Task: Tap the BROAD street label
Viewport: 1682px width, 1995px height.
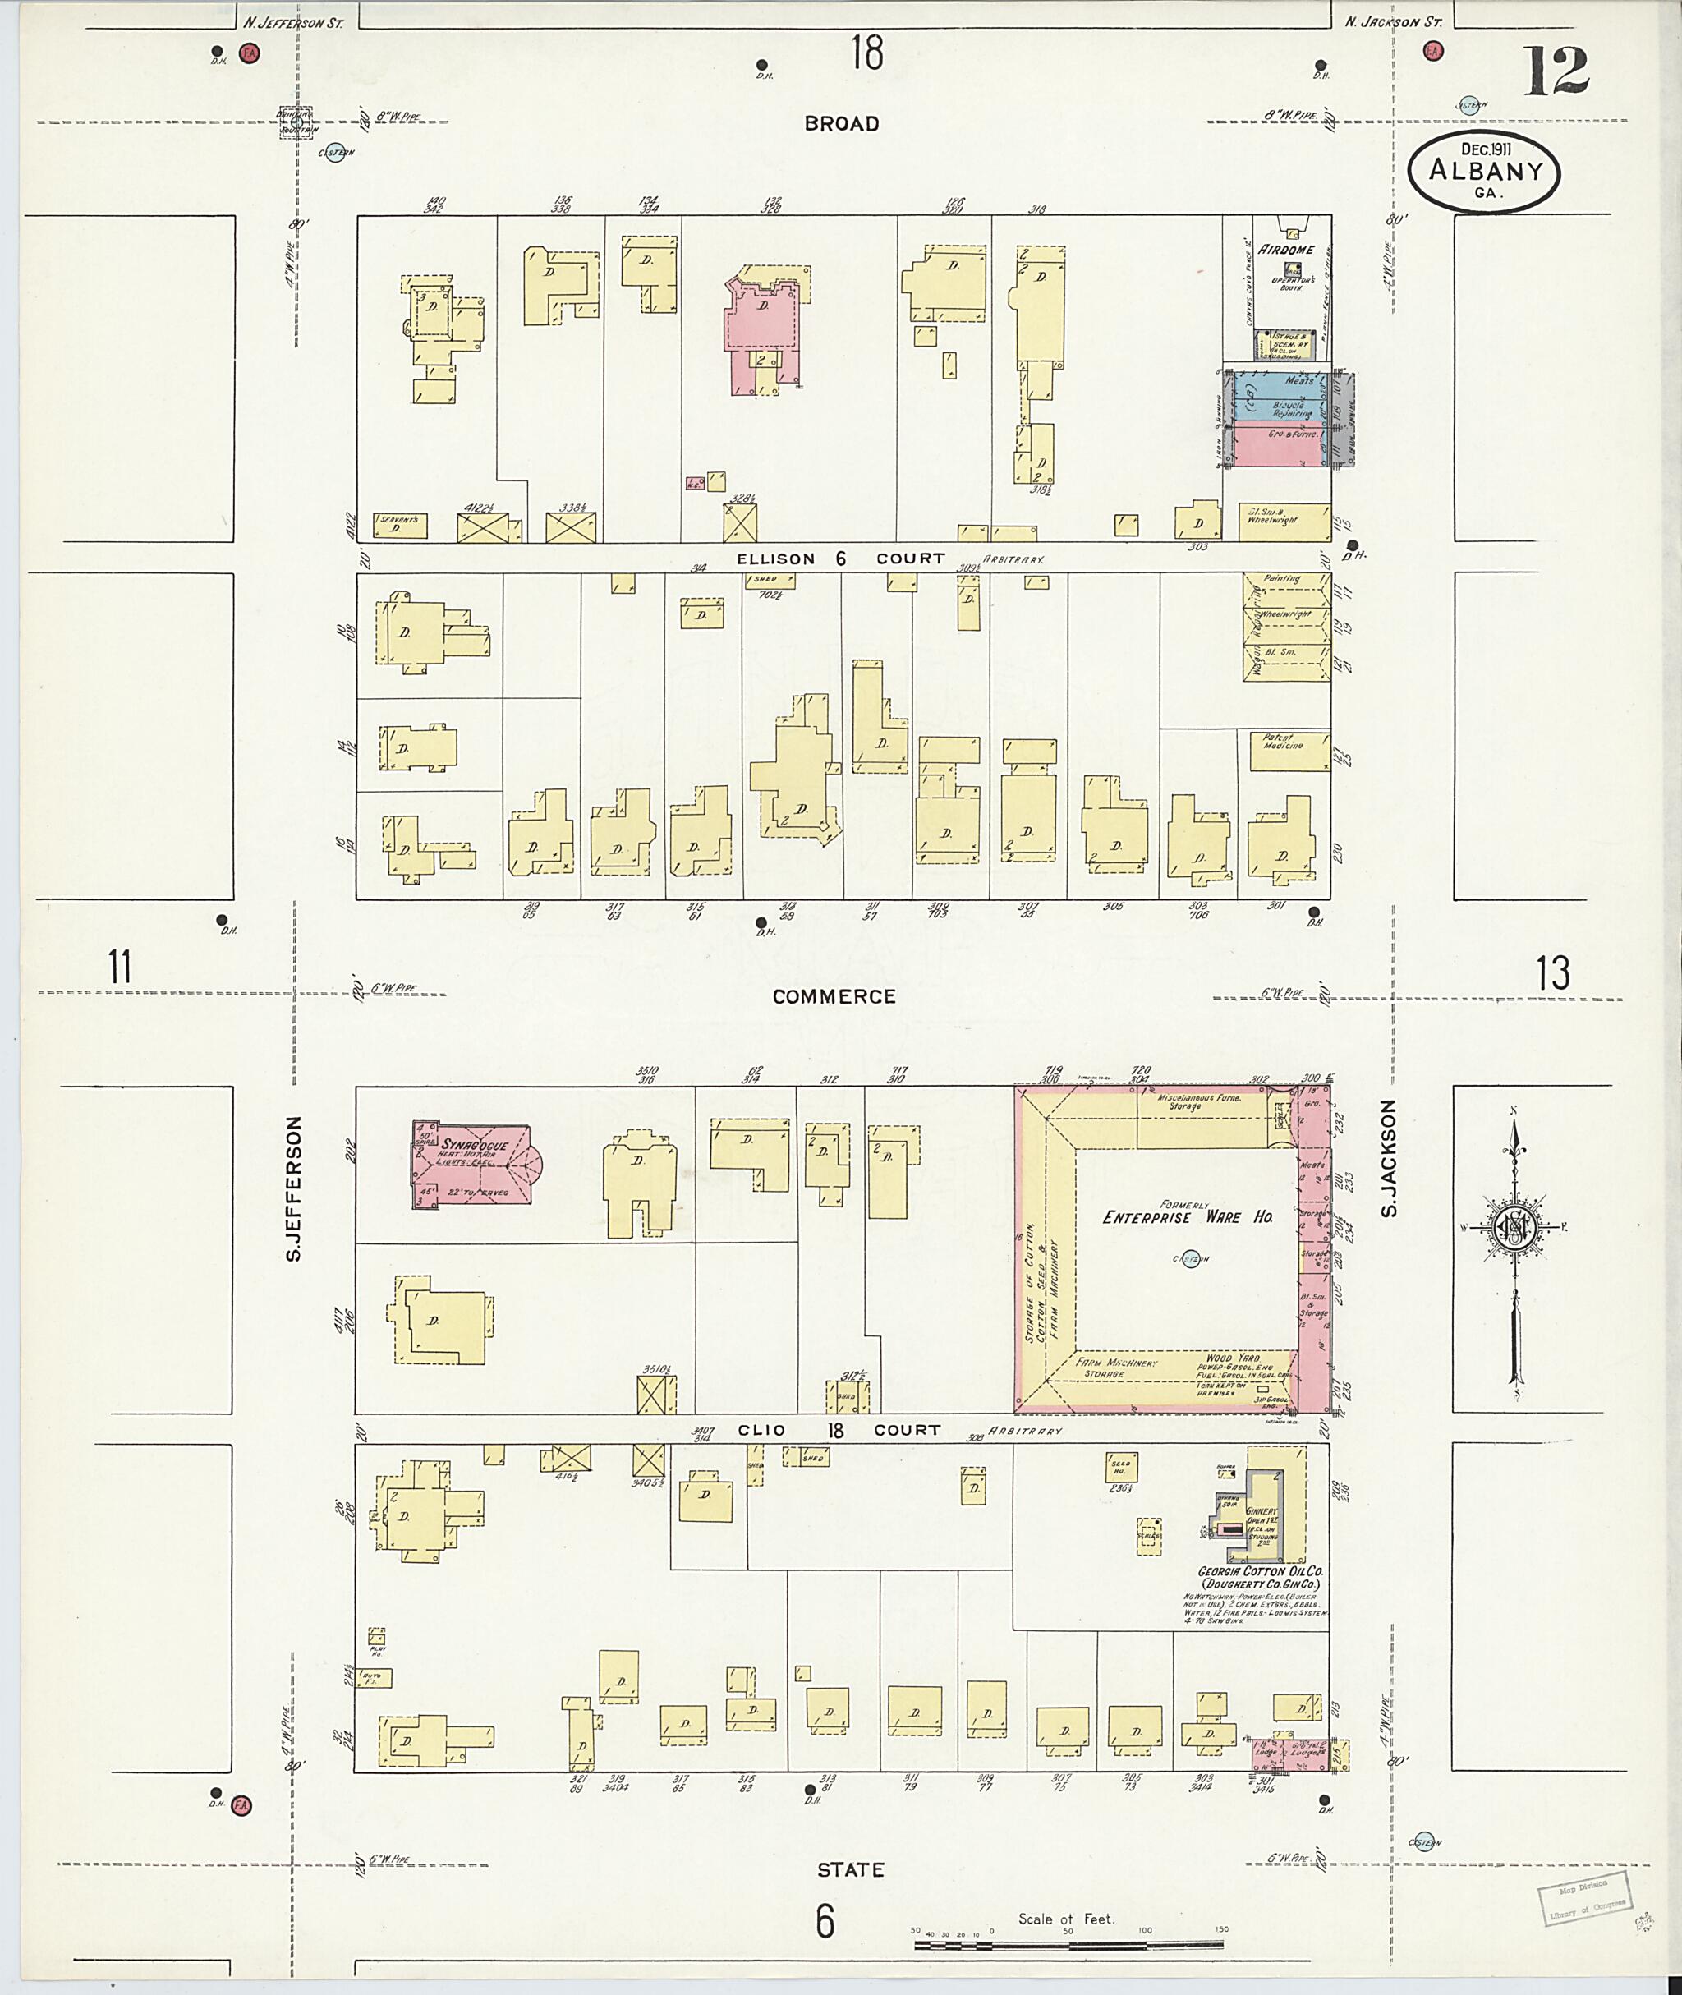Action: [841, 124]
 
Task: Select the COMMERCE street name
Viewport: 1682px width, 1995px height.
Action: [834, 996]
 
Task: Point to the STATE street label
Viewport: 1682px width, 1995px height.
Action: [849, 1870]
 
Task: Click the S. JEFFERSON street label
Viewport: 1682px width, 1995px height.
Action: [295, 1189]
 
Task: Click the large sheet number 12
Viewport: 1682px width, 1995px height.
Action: [1556, 71]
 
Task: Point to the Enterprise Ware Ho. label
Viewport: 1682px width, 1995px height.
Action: [1187, 1218]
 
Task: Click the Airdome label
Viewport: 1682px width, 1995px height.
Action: [1285, 250]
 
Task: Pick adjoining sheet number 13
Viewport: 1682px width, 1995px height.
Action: [1552, 972]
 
